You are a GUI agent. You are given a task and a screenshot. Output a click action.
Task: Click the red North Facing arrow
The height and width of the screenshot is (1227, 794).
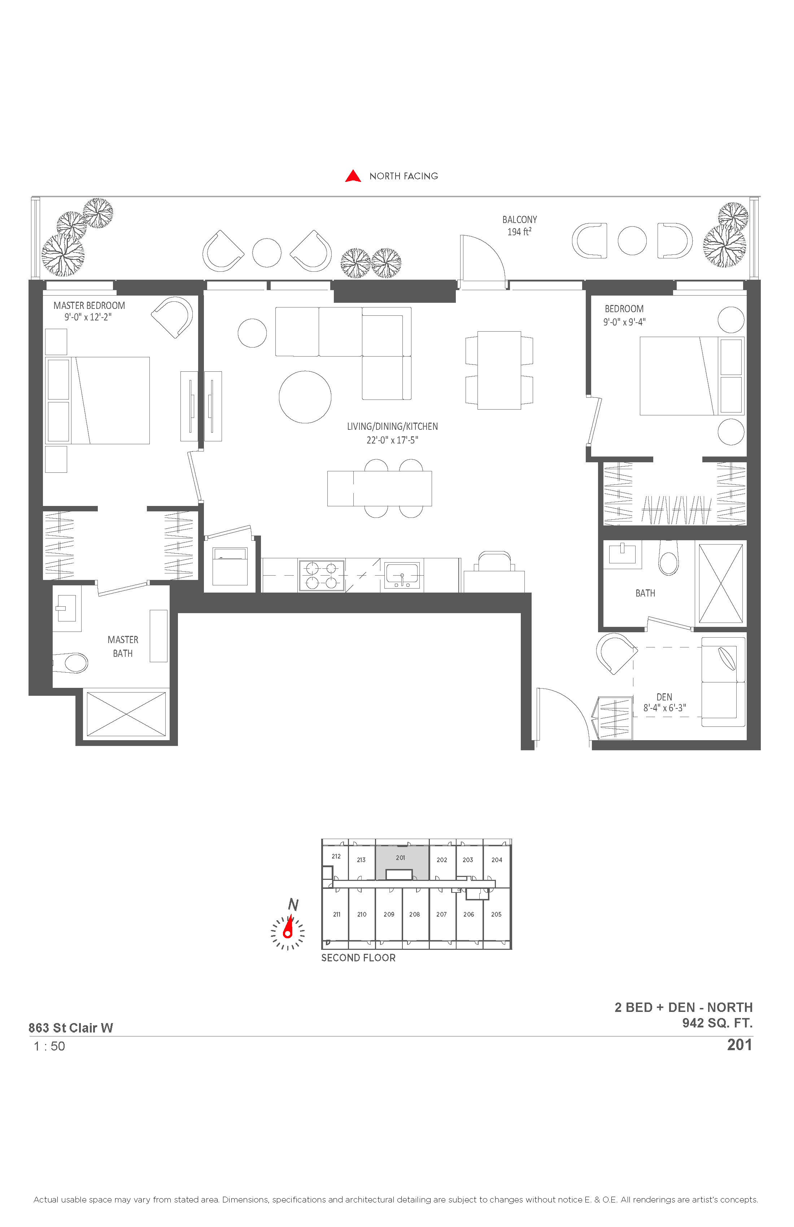coord(353,176)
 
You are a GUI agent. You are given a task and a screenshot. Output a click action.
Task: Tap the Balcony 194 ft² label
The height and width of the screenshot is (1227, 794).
coord(519,226)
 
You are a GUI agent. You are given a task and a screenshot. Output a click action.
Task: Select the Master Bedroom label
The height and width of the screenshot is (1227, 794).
coord(89,306)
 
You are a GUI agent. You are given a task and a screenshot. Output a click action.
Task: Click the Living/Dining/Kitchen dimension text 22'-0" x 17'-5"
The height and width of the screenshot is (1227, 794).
coord(392,440)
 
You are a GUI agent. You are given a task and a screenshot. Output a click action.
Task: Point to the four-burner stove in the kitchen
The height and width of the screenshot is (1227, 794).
coord(322,575)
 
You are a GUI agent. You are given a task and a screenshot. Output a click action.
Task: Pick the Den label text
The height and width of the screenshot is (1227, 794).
coord(664,697)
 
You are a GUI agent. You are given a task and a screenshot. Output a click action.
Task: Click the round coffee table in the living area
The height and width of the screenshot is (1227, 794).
coord(305,397)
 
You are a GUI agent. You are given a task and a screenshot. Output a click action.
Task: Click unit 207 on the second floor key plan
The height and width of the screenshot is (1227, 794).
coord(442,914)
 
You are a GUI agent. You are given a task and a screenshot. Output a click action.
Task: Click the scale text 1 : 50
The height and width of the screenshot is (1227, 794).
coord(49,1046)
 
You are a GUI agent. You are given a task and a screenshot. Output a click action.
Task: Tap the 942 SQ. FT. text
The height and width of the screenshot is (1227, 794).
coord(717,1023)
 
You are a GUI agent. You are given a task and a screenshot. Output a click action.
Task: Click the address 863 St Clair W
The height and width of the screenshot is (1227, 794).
coord(71,1027)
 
